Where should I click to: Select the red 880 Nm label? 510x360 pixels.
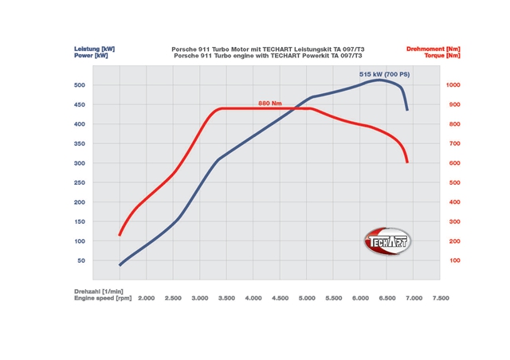click(x=270, y=104)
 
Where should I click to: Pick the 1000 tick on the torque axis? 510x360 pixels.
click(x=453, y=85)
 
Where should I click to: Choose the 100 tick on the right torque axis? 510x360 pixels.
click(x=452, y=260)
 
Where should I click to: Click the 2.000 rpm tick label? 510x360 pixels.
click(x=147, y=298)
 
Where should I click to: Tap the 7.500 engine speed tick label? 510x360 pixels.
click(x=440, y=298)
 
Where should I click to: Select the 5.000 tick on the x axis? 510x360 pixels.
click(x=307, y=298)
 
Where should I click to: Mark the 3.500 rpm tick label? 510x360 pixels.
click(x=226, y=298)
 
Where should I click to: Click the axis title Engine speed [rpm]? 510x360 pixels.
click(x=103, y=298)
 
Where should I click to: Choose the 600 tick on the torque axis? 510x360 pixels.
click(x=452, y=163)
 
